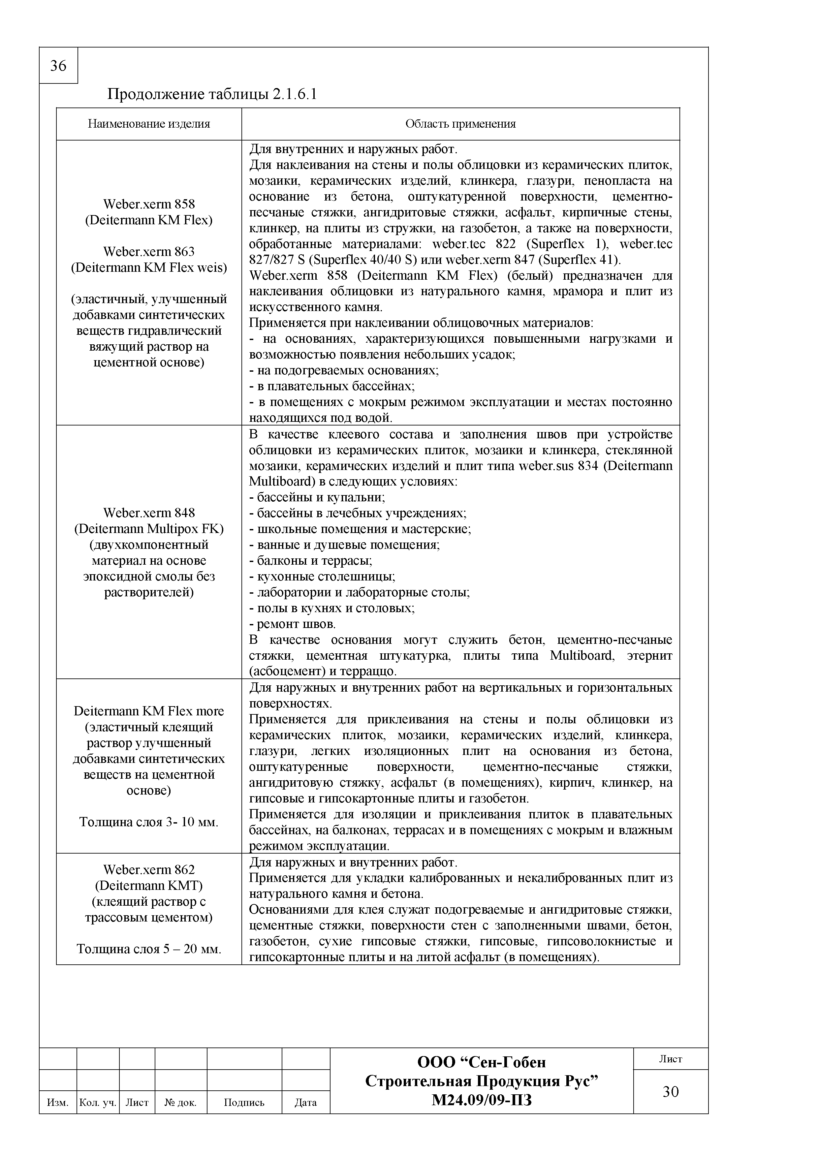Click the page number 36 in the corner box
(58, 66)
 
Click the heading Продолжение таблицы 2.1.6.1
(212, 94)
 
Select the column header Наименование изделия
(149, 124)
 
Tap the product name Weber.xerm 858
(149, 204)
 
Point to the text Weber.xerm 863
(149, 251)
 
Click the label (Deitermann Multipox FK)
(149, 529)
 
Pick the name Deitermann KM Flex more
(149, 711)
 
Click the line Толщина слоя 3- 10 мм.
(149, 822)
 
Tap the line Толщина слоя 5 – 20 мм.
(149, 949)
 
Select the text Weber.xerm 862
(149, 869)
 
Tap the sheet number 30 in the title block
(670, 1091)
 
